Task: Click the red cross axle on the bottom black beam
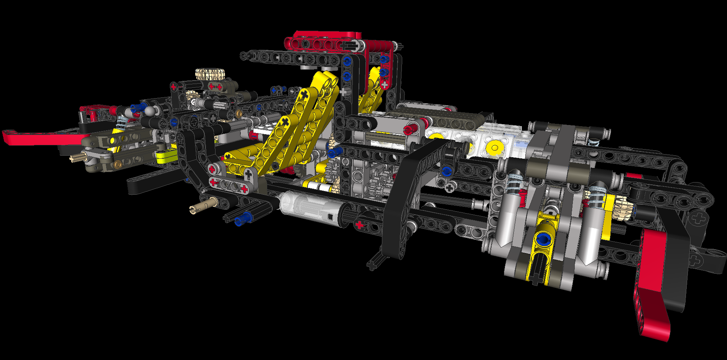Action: pyautogui.click(x=359, y=225)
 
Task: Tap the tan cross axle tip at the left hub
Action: pyautogui.click(x=75, y=158)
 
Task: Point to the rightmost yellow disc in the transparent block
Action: pyautogui.click(x=494, y=147)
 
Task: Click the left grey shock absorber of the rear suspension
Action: pyautogui.click(x=510, y=215)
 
